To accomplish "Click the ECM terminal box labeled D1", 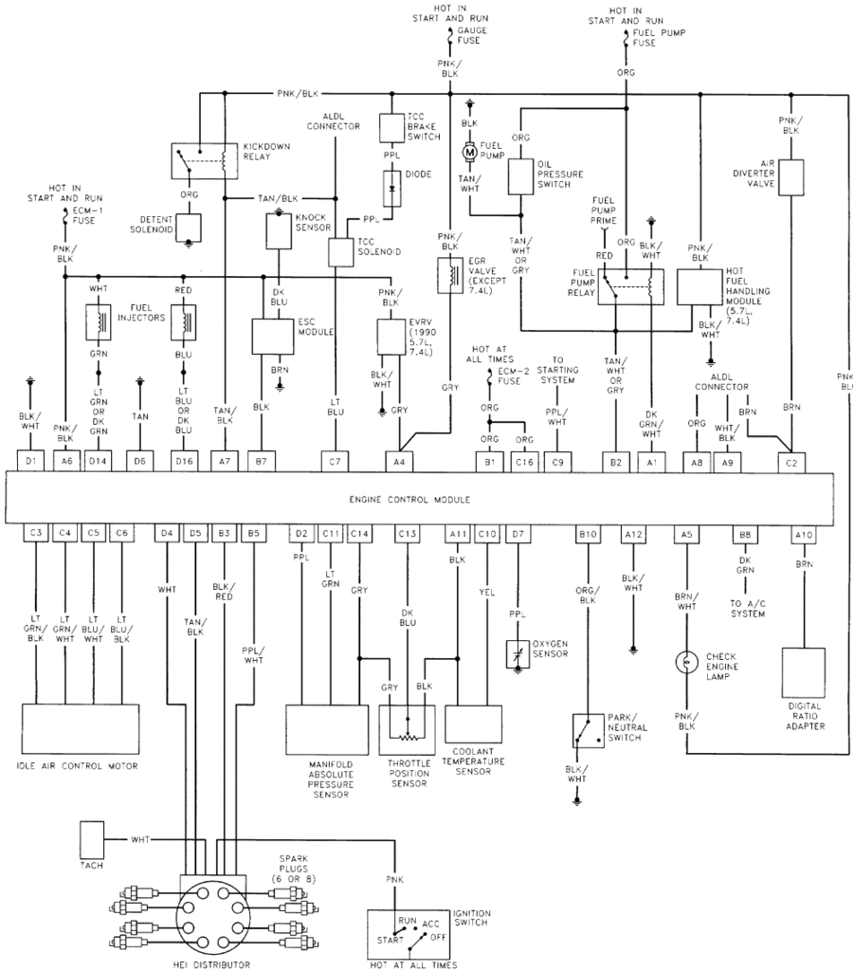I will point(31,461).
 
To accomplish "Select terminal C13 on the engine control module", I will point(408,534).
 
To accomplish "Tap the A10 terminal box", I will point(804,534).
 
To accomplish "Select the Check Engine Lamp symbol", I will point(683,661).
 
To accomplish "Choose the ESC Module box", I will point(273,334).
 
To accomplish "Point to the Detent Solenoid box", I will point(188,227).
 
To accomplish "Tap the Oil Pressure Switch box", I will point(521,174).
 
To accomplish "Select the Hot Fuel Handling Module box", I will point(701,287).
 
